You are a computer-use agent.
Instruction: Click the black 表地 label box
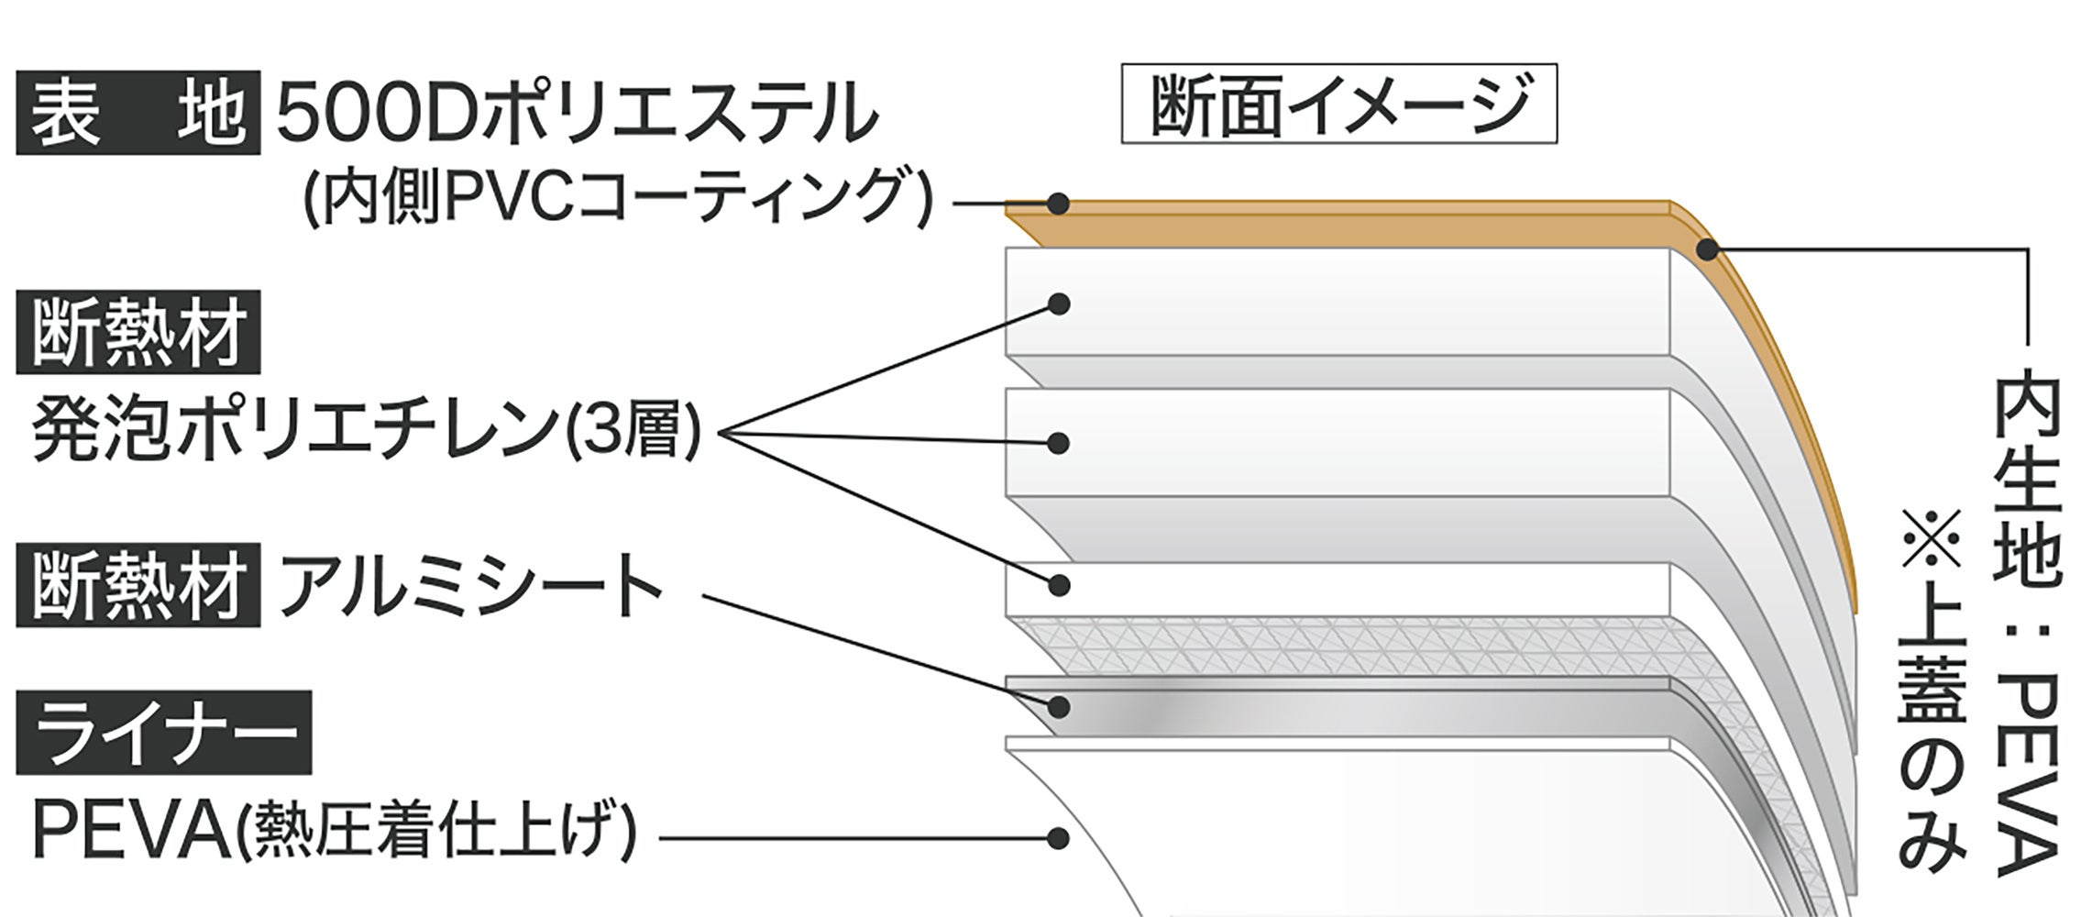(x=138, y=113)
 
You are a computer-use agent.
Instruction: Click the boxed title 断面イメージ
(x=1338, y=104)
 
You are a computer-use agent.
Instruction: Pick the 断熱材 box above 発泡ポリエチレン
(x=138, y=332)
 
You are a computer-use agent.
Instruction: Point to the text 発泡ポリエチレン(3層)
(x=367, y=431)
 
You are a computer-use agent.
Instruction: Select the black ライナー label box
(x=163, y=734)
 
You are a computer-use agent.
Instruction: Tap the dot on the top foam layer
(x=1059, y=304)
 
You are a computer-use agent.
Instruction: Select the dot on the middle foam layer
(x=1059, y=444)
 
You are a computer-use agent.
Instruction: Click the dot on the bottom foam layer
(x=1059, y=585)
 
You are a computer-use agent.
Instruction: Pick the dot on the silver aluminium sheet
(x=1059, y=706)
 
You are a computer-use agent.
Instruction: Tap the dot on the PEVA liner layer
(x=1059, y=837)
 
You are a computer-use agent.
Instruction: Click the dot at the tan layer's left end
(x=1059, y=203)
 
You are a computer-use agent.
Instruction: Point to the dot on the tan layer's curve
(x=1707, y=249)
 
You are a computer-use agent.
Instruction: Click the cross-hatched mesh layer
(x=1329, y=645)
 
